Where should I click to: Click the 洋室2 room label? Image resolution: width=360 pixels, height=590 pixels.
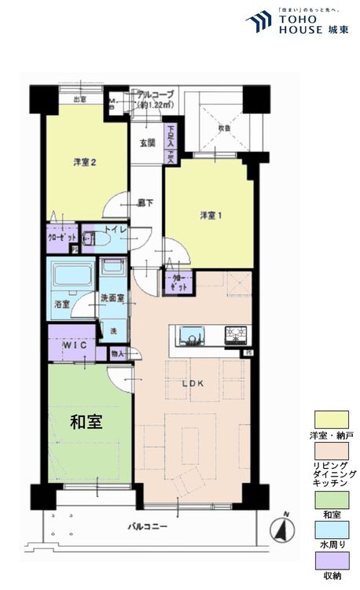[x=85, y=162]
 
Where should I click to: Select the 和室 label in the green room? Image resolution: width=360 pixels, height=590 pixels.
[x=86, y=422]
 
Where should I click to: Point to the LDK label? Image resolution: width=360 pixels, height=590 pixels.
[x=193, y=383]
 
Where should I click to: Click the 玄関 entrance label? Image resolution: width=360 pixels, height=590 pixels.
[x=147, y=143]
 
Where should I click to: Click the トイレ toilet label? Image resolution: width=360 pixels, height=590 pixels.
[x=115, y=230]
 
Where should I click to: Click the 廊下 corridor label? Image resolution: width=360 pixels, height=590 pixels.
[x=146, y=201]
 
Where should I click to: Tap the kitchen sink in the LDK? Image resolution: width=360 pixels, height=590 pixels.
[x=191, y=336]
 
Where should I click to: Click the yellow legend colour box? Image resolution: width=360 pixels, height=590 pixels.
[x=329, y=418]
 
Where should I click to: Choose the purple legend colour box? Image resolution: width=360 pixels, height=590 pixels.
[x=329, y=559]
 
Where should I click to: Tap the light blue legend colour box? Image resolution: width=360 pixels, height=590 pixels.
[x=329, y=529]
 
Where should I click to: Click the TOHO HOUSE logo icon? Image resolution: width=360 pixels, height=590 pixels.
[x=258, y=22]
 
